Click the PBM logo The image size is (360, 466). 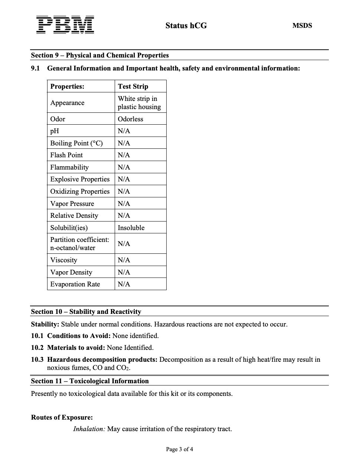tap(65, 25)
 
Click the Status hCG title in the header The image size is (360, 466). tap(186, 26)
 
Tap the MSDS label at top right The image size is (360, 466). tap(302, 26)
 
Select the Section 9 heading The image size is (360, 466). tap(100, 55)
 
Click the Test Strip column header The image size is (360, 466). tap(133, 86)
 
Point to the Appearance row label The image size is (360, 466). tap(67, 103)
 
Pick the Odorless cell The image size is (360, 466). tap(130, 119)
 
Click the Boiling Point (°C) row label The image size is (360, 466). tap(76, 143)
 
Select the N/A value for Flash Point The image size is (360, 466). tap(124, 155)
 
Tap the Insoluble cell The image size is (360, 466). tap(131, 228)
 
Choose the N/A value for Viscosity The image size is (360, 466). tap(124, 260)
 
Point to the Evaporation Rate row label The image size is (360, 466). tap(75, 284)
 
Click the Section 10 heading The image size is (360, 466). tap(86, 312)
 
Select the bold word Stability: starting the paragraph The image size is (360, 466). tap(45, 324)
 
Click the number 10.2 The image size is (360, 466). tap(37, 348)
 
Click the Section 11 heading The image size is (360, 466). tap(90, 381)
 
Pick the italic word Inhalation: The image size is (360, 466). tap(89, 429)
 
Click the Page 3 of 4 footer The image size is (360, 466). tap(180, 449)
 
